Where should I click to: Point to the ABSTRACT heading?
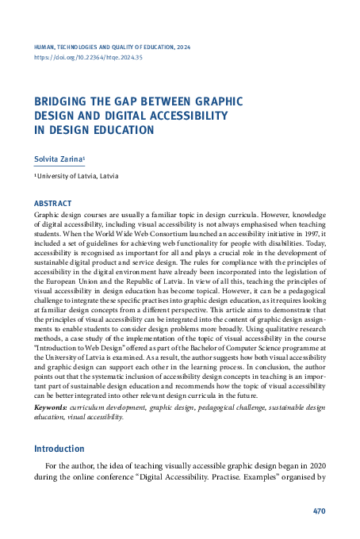click(53, 204)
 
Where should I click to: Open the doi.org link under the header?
click(88, 58)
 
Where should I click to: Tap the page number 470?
click(319, 511)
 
